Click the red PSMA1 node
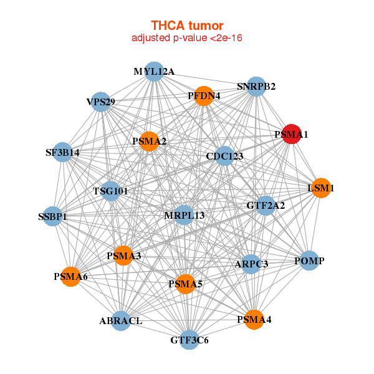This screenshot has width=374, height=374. pyautogui.click(x=292, y=134)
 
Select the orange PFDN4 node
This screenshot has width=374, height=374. pyautogui.click(x=204, y=96)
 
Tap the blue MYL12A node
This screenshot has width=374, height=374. pyautogui.click(x=154, y=72)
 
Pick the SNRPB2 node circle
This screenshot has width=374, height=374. pyautogui.click(x=256, y=86)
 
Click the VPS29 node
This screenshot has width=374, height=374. pyautogui.click(x=101, y=102)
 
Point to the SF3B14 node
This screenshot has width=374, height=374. pyautogui.click(x=62, y=151)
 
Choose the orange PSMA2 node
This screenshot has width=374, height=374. pyautogui.click(x=150, y=141)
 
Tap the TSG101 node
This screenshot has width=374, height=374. pyautogui.click(x=111, y=191)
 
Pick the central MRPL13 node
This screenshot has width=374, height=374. pyautogui.click(x=184, y=216)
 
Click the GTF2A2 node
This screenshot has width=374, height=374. pyautogui.click(x=266, y=205)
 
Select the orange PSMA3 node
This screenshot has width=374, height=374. pyautogui.click(x=123, y=256)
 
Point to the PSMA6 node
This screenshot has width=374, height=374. pyautogui.click(x=71, y=276)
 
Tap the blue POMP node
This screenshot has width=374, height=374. pyautogui.click(x=309, y=261)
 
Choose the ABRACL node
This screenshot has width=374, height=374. pyautogui.click(x=121, y=321)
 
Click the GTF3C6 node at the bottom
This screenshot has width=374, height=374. pyautogui.click(x=189, y=340)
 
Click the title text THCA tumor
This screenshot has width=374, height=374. pyautogui.click(x=187, y=26)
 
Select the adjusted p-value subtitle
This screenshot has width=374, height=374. pyautogui.click(x=187, y=38)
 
